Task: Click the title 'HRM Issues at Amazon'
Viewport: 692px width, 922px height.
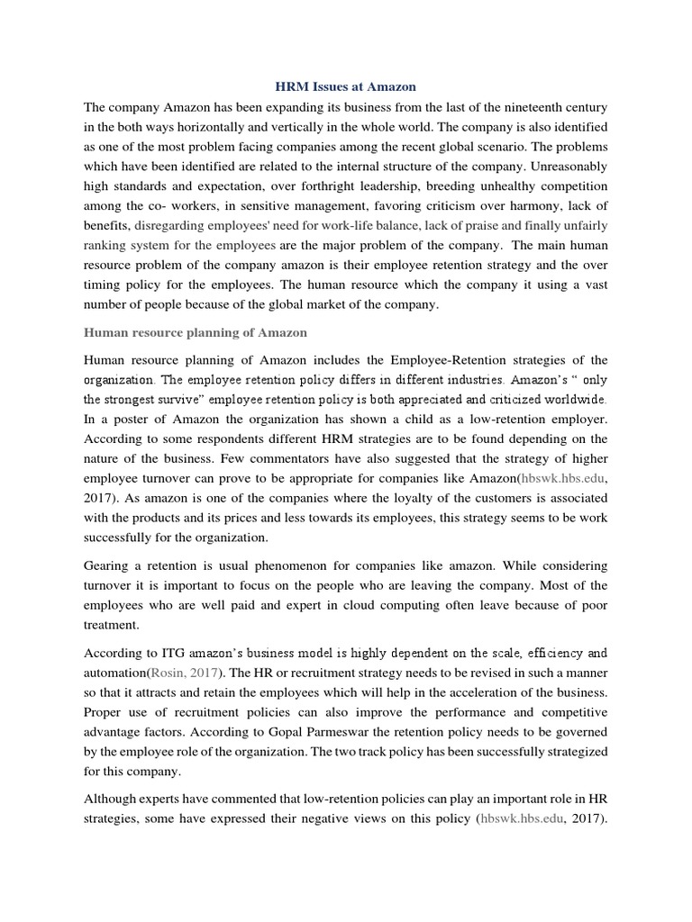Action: tap(345, 86)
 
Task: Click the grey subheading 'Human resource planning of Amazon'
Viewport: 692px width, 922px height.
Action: tap(195, 332)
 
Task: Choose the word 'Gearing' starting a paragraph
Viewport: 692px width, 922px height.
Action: tap(109, 565)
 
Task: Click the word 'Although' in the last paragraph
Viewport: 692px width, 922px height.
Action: tap(111, 799)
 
